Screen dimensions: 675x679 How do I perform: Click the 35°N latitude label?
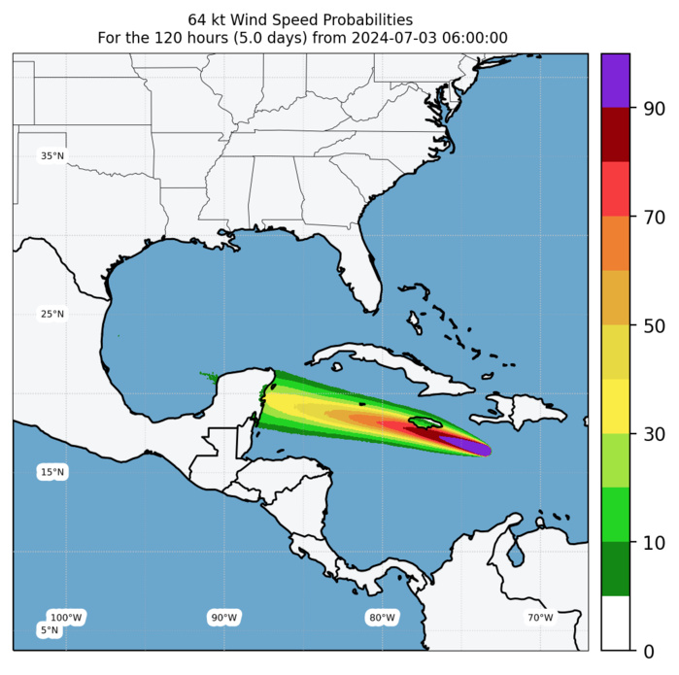point(52,155)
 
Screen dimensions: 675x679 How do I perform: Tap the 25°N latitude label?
point(52,314)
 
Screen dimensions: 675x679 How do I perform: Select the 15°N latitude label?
point(52,472)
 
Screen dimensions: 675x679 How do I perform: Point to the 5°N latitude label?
point(50,630)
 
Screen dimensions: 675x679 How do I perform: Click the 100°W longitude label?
point(66,618)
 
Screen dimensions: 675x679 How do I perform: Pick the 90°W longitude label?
point(224,618)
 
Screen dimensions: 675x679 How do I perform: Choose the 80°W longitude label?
point(383,618)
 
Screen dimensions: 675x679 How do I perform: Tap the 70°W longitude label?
point(540,618)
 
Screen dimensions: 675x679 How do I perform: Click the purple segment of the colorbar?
point(616,81)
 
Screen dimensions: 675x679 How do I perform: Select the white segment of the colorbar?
point(616,622)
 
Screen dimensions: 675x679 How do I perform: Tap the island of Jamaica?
point(424,424)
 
